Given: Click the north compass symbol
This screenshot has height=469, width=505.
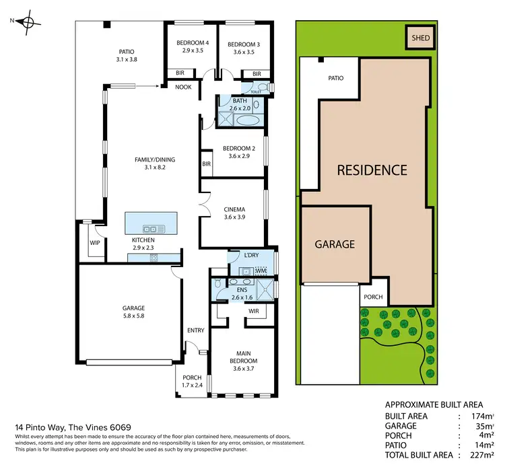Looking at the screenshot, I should pyautogui.click(x=27, y=22).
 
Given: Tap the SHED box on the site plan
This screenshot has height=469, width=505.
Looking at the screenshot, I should pyautogui.click(x=420, y=39).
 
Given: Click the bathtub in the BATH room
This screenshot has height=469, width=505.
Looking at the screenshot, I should pyautogui.click(x=248, y=120).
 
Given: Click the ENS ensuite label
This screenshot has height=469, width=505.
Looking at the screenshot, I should pyautogui.click(x=242, y=291).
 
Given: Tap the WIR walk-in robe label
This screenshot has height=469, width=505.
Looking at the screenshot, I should pyautogui.click(x=254, y=311).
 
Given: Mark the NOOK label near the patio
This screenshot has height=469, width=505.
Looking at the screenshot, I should pyautogui.click(x=183, y=87).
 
